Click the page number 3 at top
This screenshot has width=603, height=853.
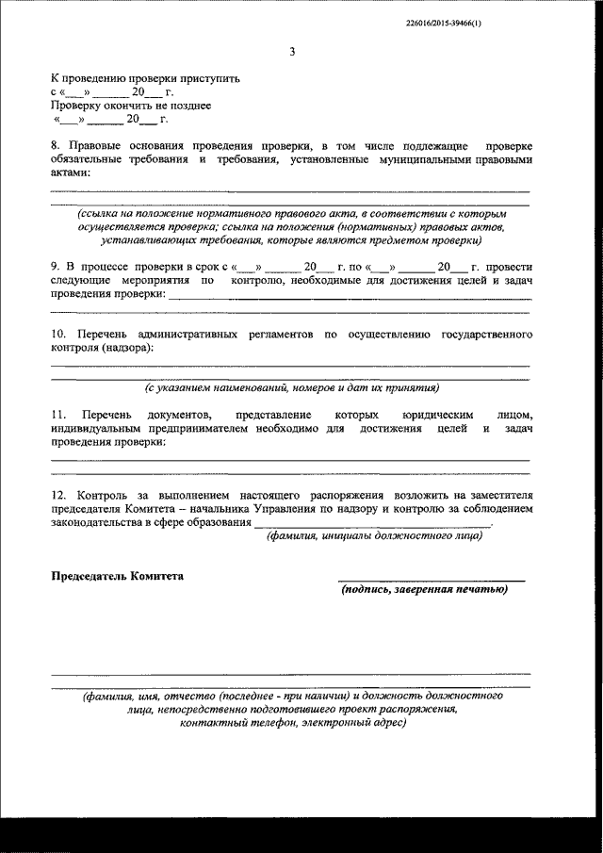click(x=292, y=52)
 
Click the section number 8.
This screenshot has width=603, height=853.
click(x=55, y=146)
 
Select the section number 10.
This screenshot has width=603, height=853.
click(x=57, y=335)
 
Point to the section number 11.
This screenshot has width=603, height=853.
click(x=57, y=416)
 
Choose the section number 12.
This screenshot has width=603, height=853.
click(x=57, y=495)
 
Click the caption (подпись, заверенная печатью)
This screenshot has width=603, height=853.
click(x=424, y=590)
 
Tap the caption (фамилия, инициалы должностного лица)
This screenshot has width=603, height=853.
click(x=375, y=536)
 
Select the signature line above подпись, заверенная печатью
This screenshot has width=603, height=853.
click(x=432, y=580)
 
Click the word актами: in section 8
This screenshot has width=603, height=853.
click(x=71, y=173)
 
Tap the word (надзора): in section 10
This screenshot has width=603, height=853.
click(x=125, y=348)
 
